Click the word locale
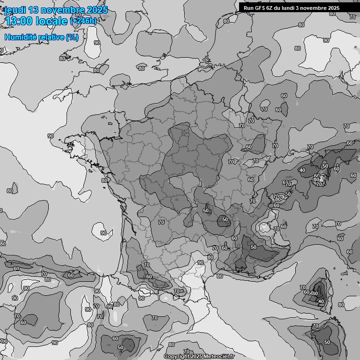tap(54, 21)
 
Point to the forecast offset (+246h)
tap(83, 21)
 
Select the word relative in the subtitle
tap(52, 37)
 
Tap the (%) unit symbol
tap(72, 37)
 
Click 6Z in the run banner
tap(271, 8)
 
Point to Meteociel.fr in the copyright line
tap(219, 357)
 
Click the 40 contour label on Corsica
tap(321, 301)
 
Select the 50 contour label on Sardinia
tap(327, 342)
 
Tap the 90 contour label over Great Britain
tap(97, 43)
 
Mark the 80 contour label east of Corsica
tap(341, 305)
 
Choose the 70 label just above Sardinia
tap(315, 326)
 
